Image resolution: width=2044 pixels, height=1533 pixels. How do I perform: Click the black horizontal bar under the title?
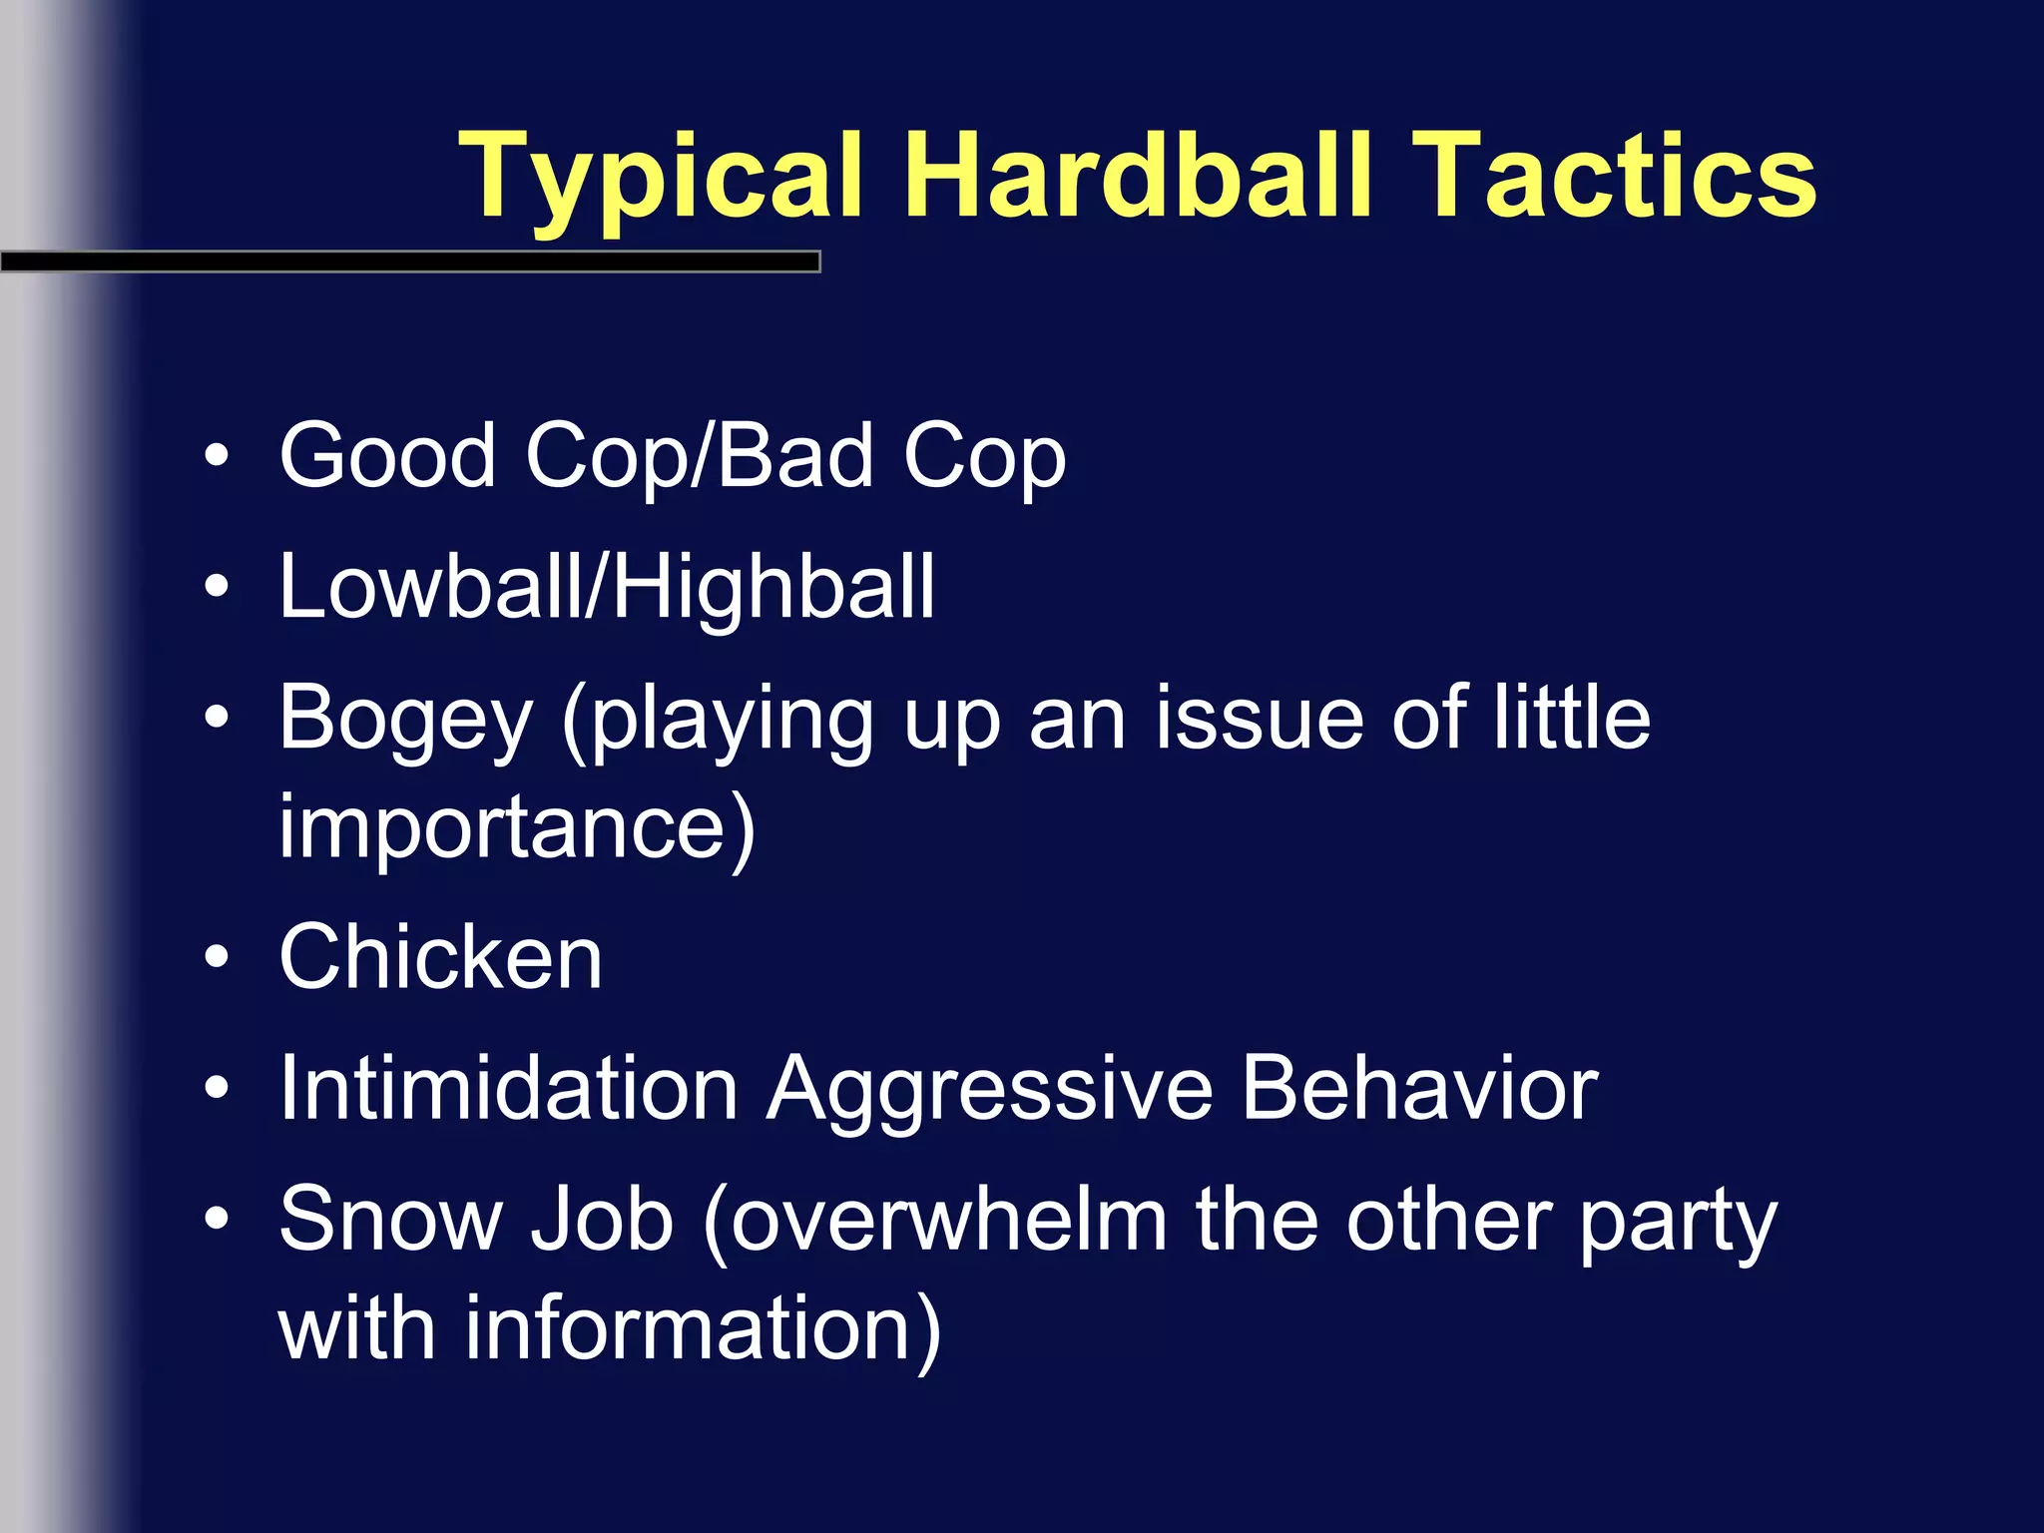pos(409,262)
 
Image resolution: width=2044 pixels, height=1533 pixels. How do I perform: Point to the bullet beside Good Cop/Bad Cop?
pos(217,457)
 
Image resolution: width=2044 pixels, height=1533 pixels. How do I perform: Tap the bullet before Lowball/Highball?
pos(217,588)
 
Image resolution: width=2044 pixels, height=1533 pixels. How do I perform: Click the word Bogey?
pos(405,720)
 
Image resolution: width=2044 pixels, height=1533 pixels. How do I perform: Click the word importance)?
pos(517,827)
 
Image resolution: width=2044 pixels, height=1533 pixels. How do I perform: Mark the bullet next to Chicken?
pos(217,958)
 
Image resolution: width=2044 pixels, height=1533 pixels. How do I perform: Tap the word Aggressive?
pos(989,1090)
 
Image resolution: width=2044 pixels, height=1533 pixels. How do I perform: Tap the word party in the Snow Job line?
pos(1678,1223)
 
